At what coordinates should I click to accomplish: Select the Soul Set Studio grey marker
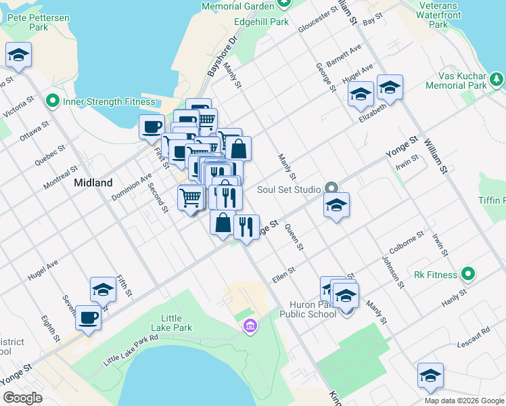pyautogui.click(x=331, y=187)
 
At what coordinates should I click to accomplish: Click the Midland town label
pyautogui.click(x=93, y=183)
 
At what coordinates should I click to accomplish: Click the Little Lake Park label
pyautogui.click(x=176, y=323)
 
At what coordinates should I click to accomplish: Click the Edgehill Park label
pyautogui.click(x=261, y=22)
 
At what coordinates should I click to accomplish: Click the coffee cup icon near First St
pyautogui.click(x=152, y=127)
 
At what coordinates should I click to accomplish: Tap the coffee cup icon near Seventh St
pyautogui.click(x=88, y=317)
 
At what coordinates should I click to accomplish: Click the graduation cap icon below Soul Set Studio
pyautogui.click(x=336, y=205)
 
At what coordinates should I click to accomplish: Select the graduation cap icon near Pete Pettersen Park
pyautogui.click(x=18, y=55)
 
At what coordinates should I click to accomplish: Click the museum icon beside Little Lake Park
pyautogui.click(x=250, y=328)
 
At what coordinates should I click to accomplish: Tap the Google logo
pyautogui.click(x=22, y=398)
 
